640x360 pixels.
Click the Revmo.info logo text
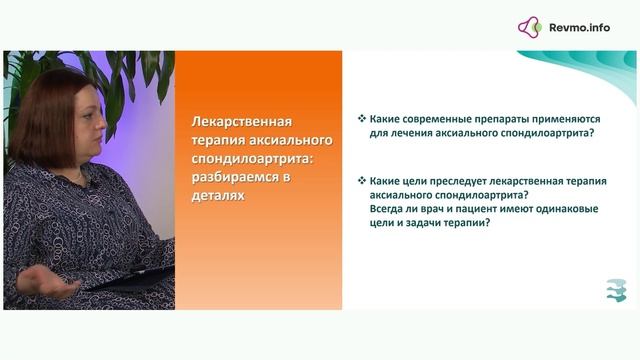(x=579, y=27)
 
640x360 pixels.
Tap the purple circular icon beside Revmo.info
(x=530, y=27)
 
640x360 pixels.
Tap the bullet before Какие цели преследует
(x=361, y=181)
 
